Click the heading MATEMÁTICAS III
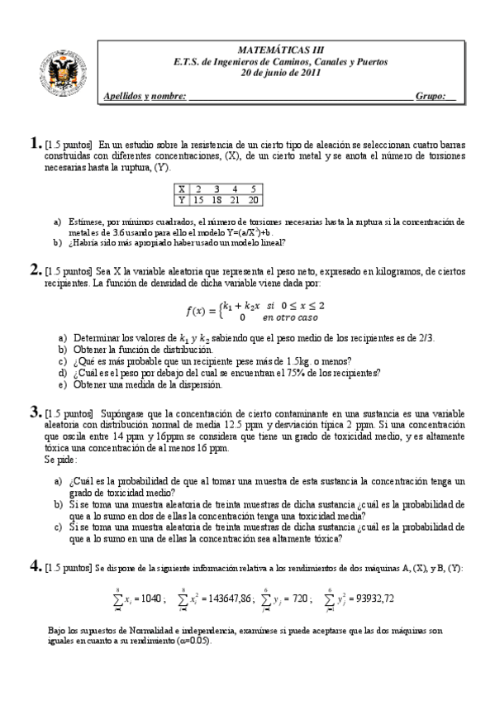pyautogui.click(x=276, y=50)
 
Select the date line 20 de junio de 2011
pyautogui.click(x=276, y=73)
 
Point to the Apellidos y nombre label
pyautogui.click(x=145, y=97)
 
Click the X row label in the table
pyautogui.click(x=182, y=189)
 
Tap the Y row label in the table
pyautogui.click(x=182, y=199)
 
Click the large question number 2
pyautogui.click(x=35, y=269)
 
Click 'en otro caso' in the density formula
pyautogui.click(x=290, y=317)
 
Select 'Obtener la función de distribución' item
pyautogui.click(x=133, y=349)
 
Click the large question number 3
pyautogui.click(x=35, y=411)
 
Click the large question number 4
pyautogui.click(x=35, y=565)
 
